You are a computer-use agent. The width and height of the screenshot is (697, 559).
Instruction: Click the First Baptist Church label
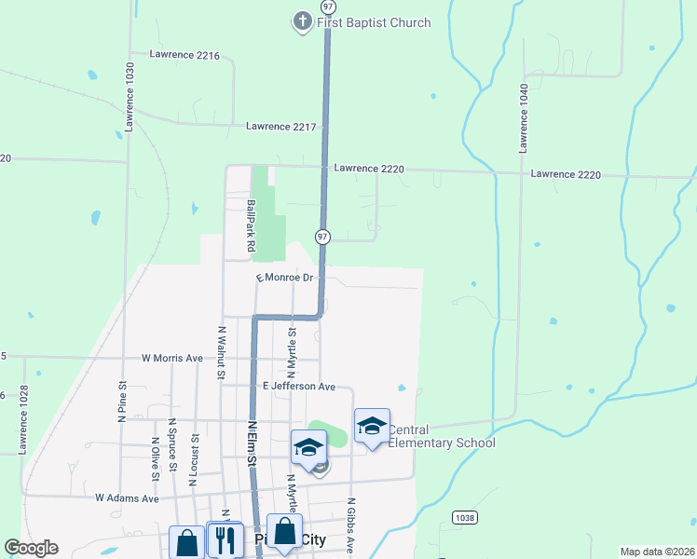pos(374,22)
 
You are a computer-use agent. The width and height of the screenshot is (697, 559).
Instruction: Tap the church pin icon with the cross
pos(302,20)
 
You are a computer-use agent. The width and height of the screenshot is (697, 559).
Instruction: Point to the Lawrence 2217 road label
pos(281,127)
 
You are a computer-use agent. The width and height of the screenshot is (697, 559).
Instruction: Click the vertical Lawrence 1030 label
pos(130,96)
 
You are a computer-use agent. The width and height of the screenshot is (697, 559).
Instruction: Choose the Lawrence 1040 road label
pos(525,117)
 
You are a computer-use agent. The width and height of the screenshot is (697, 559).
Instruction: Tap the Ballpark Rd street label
pos(250,225)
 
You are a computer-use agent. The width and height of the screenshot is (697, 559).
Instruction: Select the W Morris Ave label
pos(171,358)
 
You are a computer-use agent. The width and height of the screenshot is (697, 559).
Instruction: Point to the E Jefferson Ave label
pos(298,386)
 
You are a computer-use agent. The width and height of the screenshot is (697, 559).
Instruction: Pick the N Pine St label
pos(122,402)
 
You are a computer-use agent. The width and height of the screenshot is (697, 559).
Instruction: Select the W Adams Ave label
pos(127,498)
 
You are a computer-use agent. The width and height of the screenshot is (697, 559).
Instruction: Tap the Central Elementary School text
pos(441,436)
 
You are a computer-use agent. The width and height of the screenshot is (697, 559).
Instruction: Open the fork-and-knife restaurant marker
pos(224,539)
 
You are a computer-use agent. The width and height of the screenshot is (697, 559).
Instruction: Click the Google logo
pos(31,548)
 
